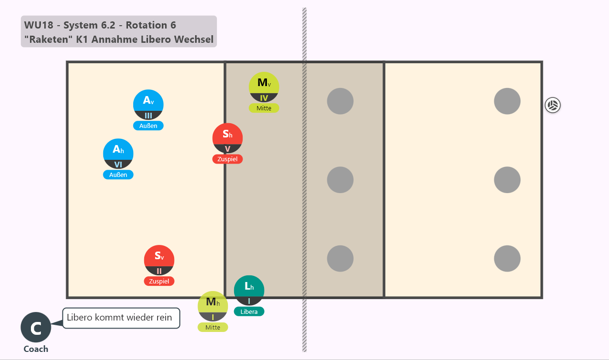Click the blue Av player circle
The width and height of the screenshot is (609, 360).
pos(148,105)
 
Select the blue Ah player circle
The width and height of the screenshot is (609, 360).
pos(118,154)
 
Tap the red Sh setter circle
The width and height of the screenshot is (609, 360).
pos(227,138)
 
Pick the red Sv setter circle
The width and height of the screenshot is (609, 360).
pos(159,260)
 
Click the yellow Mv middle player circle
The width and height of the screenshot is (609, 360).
pos(264,87)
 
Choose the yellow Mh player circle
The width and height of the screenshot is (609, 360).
pos(213,306)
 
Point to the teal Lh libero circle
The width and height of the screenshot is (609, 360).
pos(249,291)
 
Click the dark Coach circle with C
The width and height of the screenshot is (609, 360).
pos(36,327)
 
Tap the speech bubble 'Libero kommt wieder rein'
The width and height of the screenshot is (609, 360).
pos(121,318)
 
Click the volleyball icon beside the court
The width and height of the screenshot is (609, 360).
pos(552,105)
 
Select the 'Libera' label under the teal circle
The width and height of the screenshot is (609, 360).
pos(249,311)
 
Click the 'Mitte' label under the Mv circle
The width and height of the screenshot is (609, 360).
pos(264,108)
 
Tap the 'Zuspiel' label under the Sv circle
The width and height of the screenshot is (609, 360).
pos(159,281)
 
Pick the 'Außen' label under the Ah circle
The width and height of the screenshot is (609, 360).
pos(118,175)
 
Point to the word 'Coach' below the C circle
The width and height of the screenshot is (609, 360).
pos(36,349)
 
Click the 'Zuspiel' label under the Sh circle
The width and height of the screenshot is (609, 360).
pos(227,159)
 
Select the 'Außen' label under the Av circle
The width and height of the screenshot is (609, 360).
pos(148,126)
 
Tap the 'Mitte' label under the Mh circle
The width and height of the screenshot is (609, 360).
pos(213,327)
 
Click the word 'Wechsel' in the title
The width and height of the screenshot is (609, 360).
pos(194,39)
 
